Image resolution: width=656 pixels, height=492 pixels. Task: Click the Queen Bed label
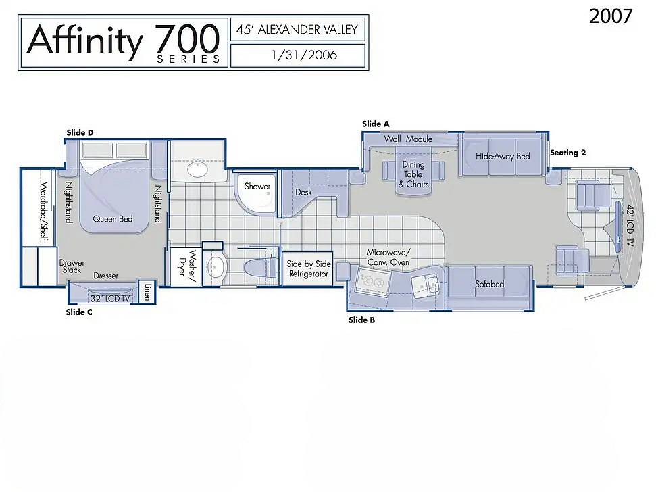tap(113, 219)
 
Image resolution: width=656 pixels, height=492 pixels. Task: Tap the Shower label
tap(257, 186)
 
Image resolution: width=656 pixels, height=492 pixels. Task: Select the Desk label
tap(304, 192)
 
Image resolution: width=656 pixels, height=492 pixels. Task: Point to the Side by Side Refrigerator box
tap(308, 269)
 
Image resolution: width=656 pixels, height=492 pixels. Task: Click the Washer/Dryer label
tap(187, 263)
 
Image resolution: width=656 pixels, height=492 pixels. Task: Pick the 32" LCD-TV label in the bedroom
tap(110, 299)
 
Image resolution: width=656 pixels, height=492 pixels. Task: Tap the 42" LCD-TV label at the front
tap(629, 225)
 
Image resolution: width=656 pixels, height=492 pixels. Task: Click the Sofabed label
tap(490, 284)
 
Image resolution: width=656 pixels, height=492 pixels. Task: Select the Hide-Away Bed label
tap(503, 157)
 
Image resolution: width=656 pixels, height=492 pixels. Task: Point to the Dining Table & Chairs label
tap(413, 174)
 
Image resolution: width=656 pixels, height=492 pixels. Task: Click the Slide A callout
tap(376, 124)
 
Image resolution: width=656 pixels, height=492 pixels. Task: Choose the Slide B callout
tap(362, 320)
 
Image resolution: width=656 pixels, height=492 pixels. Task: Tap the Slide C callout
tap(79, 312)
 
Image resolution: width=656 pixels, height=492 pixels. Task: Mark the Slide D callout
tap(80, 133)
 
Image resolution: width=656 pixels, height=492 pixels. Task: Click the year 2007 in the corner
tap(611, 16)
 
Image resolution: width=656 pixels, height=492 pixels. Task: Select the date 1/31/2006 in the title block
tap(304, 55)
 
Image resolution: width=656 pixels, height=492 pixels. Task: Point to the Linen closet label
tap(147, 291)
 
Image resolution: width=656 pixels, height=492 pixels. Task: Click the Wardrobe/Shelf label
tap(44, 211)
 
